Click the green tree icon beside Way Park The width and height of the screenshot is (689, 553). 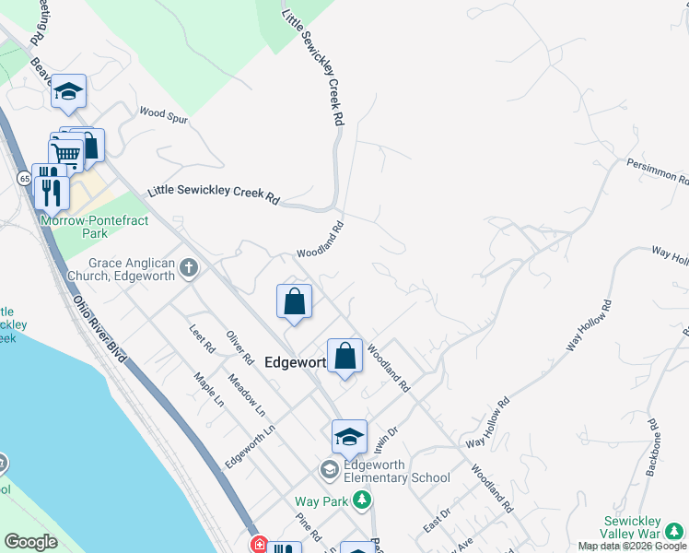click(x=363, y=500)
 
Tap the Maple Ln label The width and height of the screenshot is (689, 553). click(x=209, y=389)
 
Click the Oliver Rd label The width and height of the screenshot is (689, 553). click(x=240, y=347)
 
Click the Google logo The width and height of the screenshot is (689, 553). click(x=30, y=541)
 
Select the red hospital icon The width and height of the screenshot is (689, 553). click(x=259, y=546)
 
